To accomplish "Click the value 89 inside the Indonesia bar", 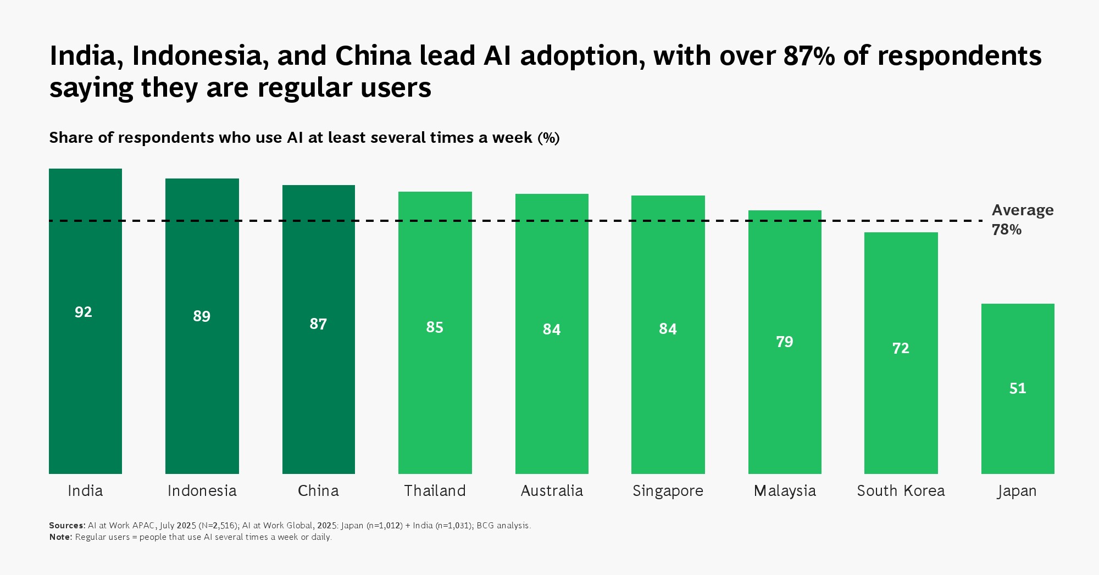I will [x=202, y=316].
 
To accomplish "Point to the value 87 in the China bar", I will [x=318, y=324].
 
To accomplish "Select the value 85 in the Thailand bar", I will [x=435, y=327].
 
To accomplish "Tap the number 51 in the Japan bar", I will [x=1018, y=389].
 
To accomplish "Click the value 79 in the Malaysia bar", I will [x=785, y=342].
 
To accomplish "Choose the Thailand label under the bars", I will [x=435, y=490].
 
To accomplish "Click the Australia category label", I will [x=552, y=490].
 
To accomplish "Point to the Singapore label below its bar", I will [x=668, y=490].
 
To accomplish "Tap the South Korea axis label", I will [x=901, y=490].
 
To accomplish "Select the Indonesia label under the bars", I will [x=202, y=490].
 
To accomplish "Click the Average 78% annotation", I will [x=1022, y=220].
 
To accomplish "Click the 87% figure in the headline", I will [x=809, y=56].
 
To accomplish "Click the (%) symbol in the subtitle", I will [x=548, y=137].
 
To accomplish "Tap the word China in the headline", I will [x=373, y=56].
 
